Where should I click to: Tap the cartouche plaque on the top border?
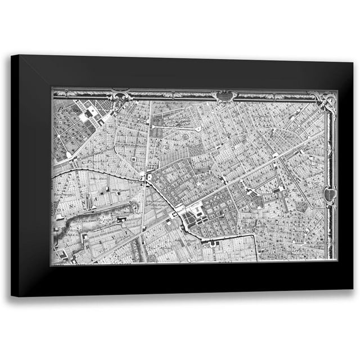(x=226, y=95)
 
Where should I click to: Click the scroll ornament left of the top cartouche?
(x=120, y=94)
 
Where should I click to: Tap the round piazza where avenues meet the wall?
(x=150, y=178)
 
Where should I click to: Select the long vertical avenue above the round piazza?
(x=149, y=141)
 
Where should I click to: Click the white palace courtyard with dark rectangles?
(x=194, y=211)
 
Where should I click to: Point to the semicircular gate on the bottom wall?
(x=214, y=242)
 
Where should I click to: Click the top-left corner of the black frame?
(x=12, y=56)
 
